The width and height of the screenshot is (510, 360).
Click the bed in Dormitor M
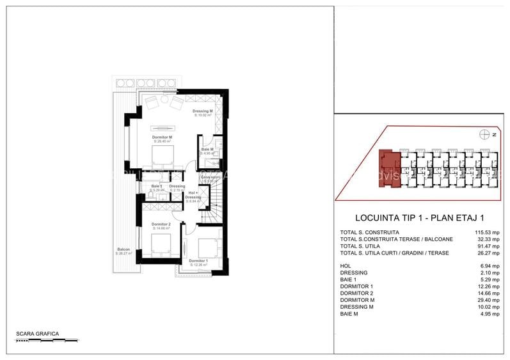click(x=163, y=156)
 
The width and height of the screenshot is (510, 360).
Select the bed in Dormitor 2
click(x=161, y=244)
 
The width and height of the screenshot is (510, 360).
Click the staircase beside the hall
click(x=212, y=205)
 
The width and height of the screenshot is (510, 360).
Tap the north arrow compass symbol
click(x=485, y=134)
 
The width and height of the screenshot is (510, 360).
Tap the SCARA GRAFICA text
click(x=38, y=334)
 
